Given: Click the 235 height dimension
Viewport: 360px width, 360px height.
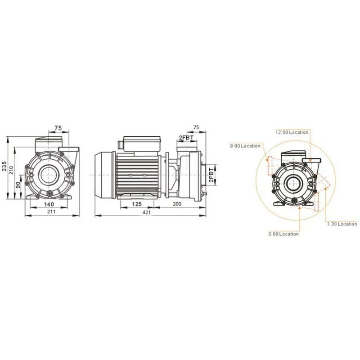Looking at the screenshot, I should tap(4, 166).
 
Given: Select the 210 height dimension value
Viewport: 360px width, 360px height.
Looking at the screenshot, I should tap(11, 169).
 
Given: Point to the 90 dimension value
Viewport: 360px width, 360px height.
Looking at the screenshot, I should tap(18, 185).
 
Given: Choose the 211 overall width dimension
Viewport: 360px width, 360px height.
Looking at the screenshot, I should tap(51, 212).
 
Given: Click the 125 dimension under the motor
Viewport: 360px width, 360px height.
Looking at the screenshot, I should tap(137, 204).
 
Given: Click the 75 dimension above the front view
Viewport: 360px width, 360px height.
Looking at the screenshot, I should tap(58, 128).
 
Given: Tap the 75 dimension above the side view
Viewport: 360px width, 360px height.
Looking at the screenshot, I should tap(196, 127).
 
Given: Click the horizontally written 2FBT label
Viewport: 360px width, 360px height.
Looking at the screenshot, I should tap(186, 137).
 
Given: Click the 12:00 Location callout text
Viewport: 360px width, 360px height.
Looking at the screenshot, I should tap(292, 132).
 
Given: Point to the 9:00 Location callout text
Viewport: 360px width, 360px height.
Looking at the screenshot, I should tap(245, 146).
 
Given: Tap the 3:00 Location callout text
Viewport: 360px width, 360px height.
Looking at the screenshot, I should tap(283, 234).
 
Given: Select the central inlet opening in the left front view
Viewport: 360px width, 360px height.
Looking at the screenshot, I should tap(48, 175).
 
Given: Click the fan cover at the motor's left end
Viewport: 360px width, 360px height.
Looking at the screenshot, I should tap(104, 174).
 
